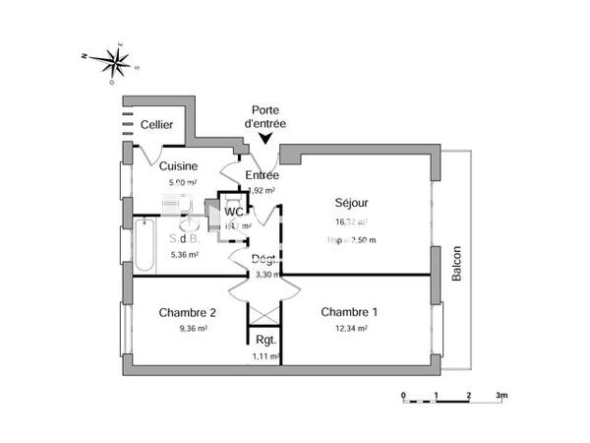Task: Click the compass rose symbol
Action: click(116, 62)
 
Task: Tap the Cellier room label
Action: click(155, 125)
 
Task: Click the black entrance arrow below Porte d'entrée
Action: click(265, 141)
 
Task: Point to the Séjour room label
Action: click(350, 204)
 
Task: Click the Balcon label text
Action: click(456, 264)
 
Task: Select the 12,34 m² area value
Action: click(350, 329)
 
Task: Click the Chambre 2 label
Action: click(188, 313)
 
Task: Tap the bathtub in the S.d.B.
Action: click(144, 246)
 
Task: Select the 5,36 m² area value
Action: click(184, 254)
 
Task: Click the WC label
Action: click(234, 212)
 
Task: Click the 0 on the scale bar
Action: click(404, 396)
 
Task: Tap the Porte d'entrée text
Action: click(265, 117)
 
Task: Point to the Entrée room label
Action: click(262, 174)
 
